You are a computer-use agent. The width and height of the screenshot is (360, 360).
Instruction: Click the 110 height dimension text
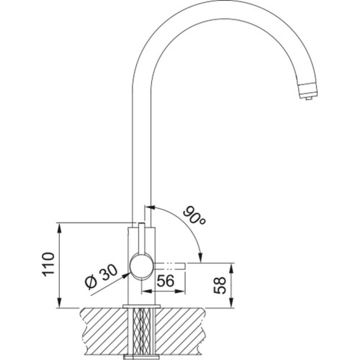48,264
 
